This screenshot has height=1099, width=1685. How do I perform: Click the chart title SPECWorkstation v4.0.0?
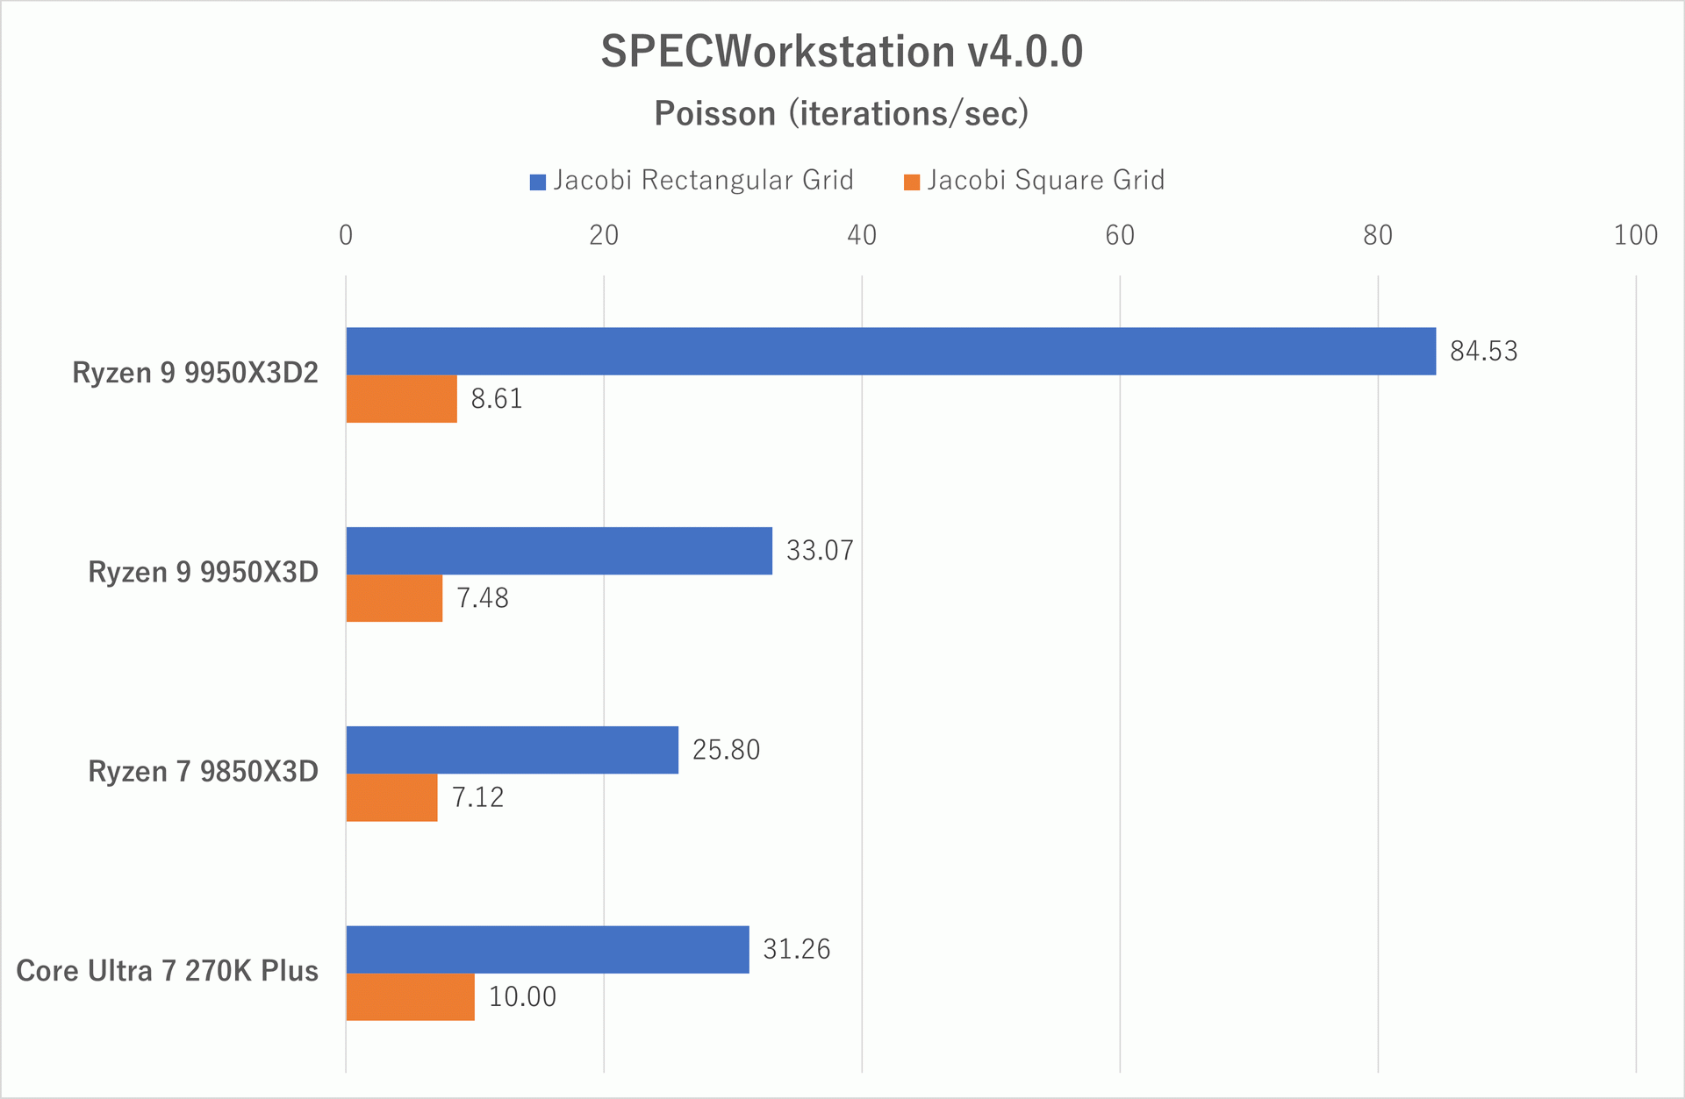point(842,52)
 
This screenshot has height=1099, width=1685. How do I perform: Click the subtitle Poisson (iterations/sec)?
point(842,114)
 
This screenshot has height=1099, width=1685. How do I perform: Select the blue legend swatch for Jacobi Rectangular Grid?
point(538,182)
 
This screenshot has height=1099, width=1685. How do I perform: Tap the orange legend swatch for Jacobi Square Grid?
point(912,182)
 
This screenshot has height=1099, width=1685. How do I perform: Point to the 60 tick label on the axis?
point(1120,235)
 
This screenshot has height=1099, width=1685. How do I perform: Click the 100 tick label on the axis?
point(1635,235)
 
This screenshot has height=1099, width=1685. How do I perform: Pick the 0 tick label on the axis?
point(346,235)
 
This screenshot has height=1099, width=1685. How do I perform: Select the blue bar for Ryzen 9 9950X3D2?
point(891,351)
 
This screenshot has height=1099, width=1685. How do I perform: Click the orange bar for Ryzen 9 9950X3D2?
point(402,399)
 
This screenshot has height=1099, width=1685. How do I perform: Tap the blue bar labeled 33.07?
point(559,551)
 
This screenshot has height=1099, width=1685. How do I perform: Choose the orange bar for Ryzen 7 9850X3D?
point(392,797)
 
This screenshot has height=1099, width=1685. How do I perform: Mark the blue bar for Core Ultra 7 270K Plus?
point(548,949)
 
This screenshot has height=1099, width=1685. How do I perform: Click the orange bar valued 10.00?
point(411,997)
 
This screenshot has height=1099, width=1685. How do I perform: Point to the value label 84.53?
point(1483,352)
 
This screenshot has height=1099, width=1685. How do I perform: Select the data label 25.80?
point(726,750)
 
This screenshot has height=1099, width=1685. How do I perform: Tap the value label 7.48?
point(482,598)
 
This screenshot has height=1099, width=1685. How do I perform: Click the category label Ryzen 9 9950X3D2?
point(195,374)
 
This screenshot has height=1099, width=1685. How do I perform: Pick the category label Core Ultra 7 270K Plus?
point(167,971)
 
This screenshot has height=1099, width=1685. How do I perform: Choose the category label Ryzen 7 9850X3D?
point(203,772)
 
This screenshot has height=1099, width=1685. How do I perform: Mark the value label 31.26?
point(796,949)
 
